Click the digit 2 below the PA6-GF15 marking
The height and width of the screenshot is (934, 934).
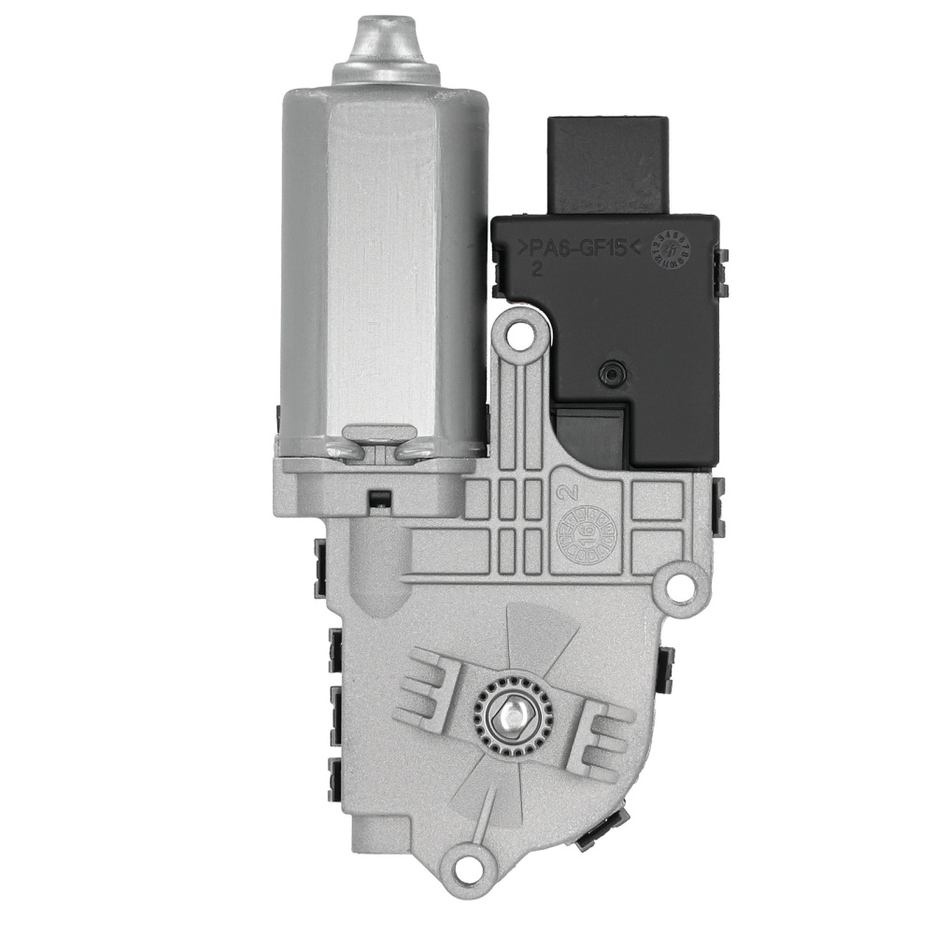pos(538,270)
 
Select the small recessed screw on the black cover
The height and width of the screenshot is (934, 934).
pos(612,372)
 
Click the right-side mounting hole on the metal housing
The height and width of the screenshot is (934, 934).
pos(682,586)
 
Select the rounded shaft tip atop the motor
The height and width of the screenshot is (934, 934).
pos(385,42)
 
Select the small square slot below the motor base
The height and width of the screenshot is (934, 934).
pos(378,498)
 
